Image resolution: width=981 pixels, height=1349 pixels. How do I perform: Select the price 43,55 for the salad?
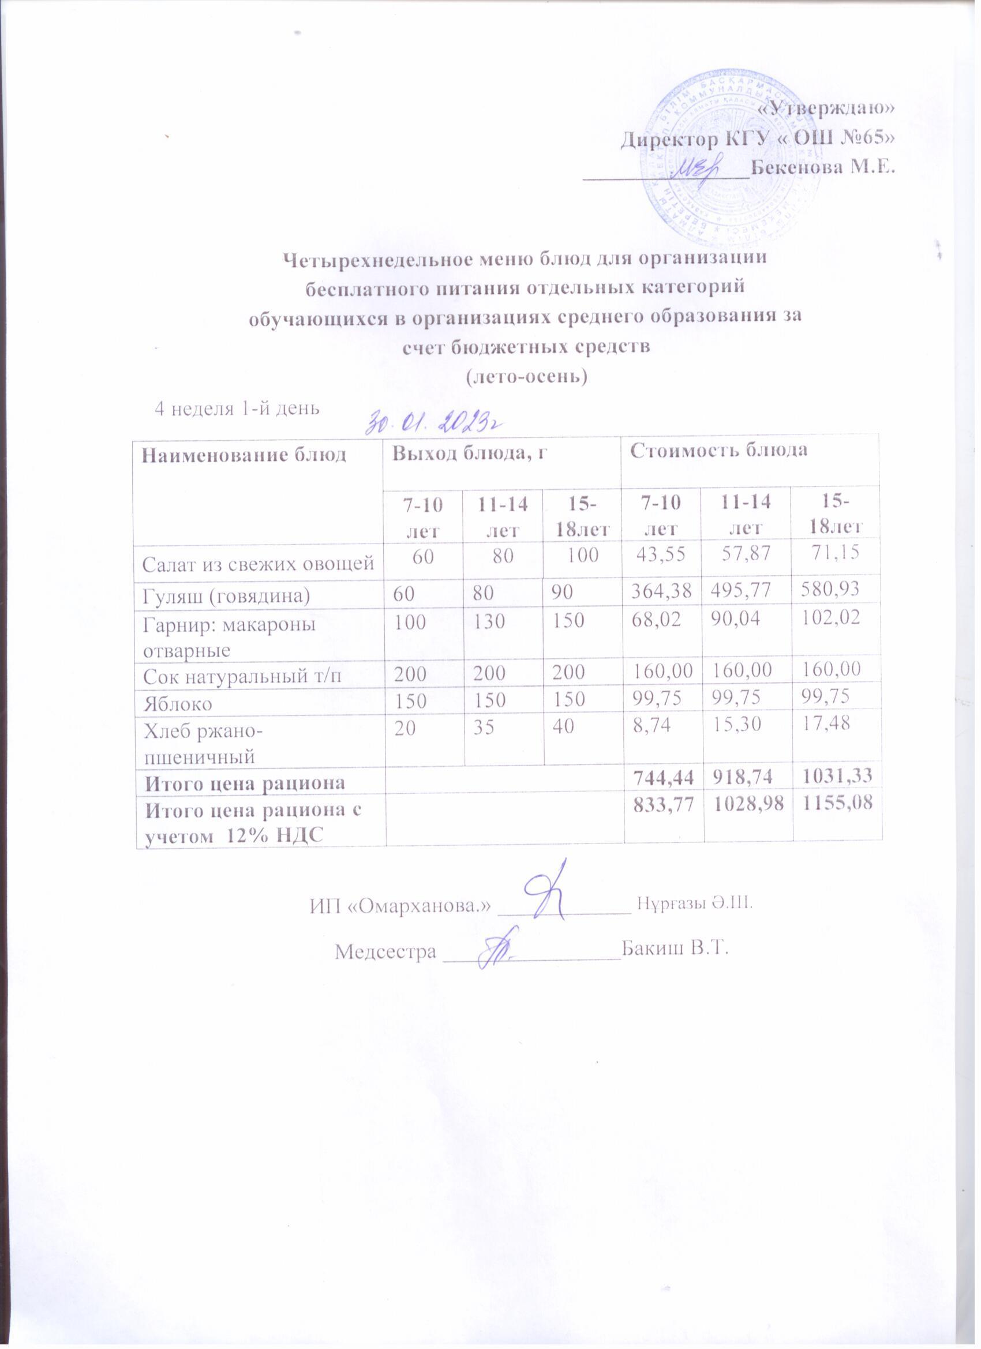(660, 556)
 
